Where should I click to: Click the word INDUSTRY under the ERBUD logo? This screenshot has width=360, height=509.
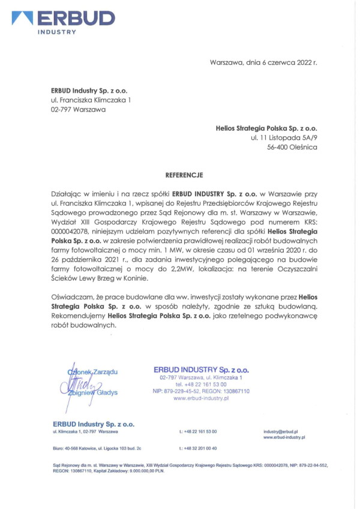click(x=56, y=32)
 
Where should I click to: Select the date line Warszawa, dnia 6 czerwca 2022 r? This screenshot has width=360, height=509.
click(x=263, y=62)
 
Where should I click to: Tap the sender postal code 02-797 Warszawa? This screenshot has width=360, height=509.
click(x=78, y=110)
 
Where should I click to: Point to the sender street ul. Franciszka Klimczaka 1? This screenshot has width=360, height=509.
click(x=91, y=99)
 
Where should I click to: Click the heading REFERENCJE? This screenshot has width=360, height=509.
click(x=184, y=175)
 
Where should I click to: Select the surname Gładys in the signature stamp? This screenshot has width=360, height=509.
click(x=106, y=393)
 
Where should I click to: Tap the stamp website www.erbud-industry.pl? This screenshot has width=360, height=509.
click(x=201, y=398)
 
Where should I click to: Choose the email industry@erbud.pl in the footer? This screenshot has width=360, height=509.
click(x=281, y=432)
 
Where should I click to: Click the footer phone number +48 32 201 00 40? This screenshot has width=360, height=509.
click(x=198, y=448)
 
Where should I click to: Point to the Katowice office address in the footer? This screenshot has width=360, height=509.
click(x=97, y=448)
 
